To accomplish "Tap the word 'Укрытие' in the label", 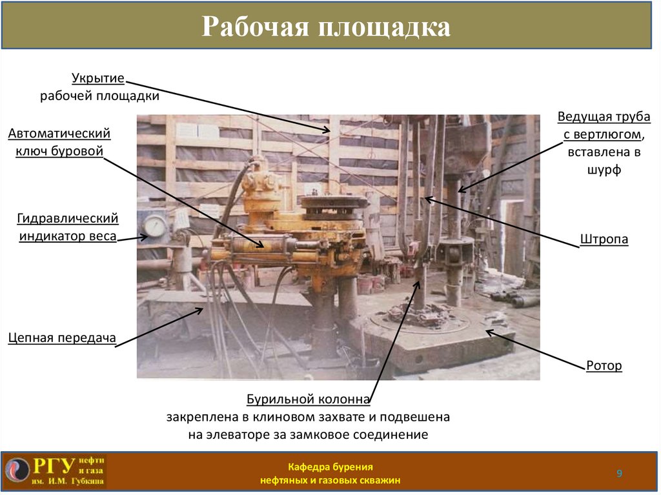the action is pos(97,79).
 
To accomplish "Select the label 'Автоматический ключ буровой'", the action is pos(59,143).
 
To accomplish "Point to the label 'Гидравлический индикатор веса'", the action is pos(68,227).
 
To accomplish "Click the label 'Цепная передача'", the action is pos(62,338).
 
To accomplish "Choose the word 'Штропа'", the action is pos(604,239).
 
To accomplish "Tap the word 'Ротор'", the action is pos(604,366).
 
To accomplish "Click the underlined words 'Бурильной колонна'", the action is pos(308,399).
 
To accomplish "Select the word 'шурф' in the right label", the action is pos(604,170).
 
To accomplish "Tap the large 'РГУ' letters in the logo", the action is pos(54,466).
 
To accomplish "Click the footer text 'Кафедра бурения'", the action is pos(330,467).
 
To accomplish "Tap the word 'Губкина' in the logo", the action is pos(88,481).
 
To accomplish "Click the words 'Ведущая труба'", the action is pos(604,117).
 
